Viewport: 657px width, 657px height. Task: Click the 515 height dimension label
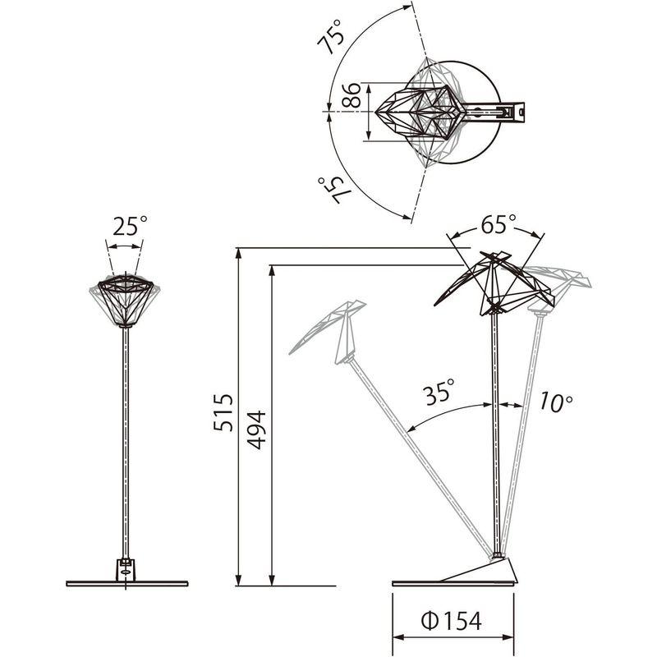point(223,413)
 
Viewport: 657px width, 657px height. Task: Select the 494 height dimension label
point(256,430)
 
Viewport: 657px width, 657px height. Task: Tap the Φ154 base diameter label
point(451,621)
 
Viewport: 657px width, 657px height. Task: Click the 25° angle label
point(130,226)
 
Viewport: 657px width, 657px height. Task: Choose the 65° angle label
point(498,224)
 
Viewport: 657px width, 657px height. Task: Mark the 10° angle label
point(556,402)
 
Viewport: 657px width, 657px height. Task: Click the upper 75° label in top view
point(331,37)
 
